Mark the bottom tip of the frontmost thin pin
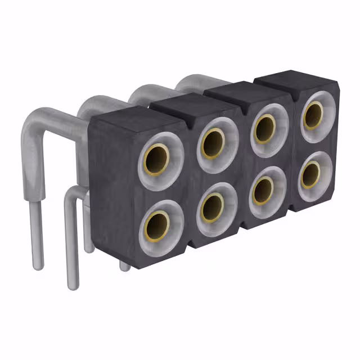tap(72, 285)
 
